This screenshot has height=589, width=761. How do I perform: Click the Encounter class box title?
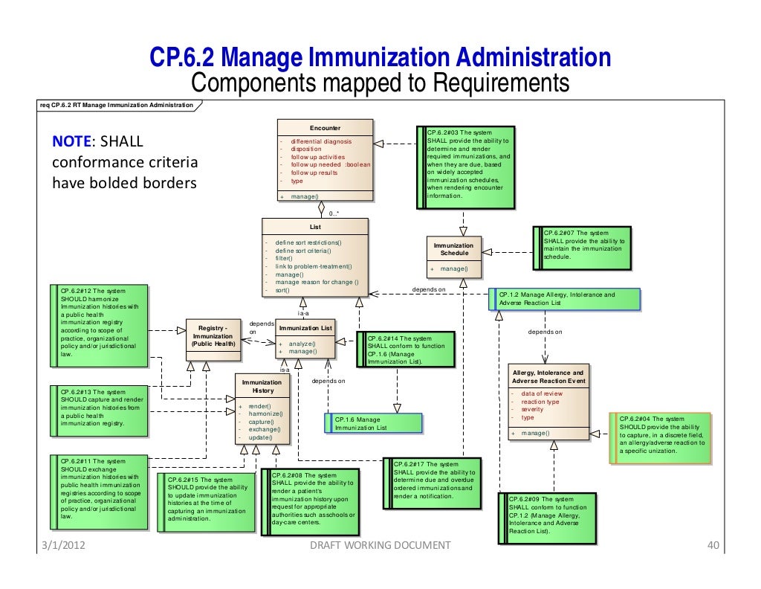326,128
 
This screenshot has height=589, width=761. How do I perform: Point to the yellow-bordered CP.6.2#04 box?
660,439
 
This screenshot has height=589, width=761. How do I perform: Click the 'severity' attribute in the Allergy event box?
532,410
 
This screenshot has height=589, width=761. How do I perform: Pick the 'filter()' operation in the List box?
284,259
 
